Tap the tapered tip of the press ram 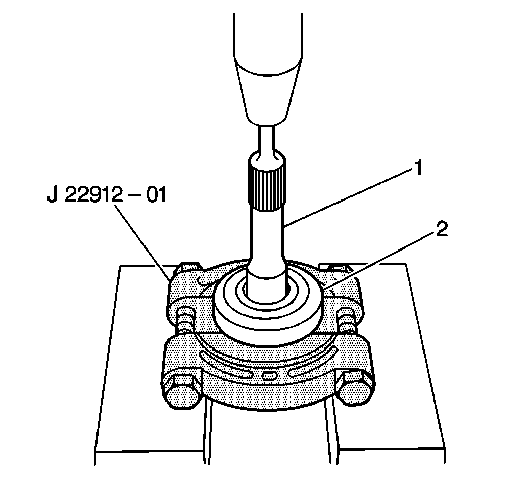pos(268,96)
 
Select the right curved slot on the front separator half pos(313,361)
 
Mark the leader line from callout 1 pos(349,197)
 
